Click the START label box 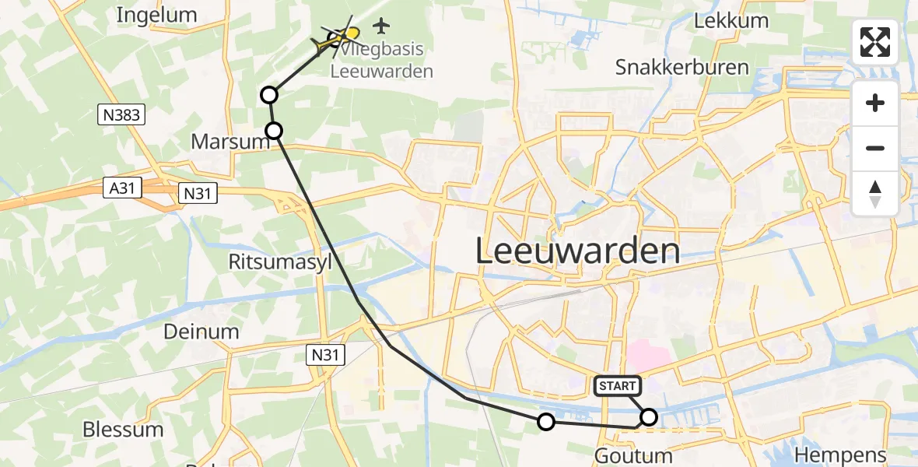(618, 385)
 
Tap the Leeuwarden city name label (577, 251)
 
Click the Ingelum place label (156, 15)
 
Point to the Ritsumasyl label (280, 262)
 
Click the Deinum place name (201, 332)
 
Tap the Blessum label (123, 430)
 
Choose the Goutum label (633, 455)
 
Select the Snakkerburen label (681, 67)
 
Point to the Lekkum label (731, 21)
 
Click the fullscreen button (875, 42)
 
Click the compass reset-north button (875, 194)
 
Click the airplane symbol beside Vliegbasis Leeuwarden (380, 26)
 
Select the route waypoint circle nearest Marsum (274, 131)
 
